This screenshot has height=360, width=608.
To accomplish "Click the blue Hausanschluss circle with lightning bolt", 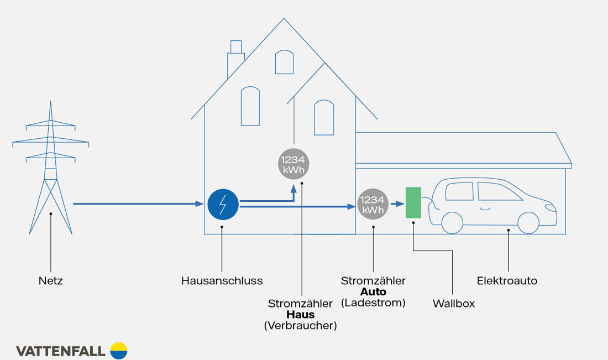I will click(223, 204).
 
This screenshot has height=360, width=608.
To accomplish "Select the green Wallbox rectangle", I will click(413, 202).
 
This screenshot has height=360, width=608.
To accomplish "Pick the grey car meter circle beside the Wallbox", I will click(373, 204).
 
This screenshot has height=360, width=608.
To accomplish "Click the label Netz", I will click(51, 281).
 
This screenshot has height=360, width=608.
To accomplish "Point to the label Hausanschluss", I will click(222, 281).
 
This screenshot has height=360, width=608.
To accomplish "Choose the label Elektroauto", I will click(507, 281).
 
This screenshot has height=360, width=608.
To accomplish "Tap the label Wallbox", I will click(453, 304).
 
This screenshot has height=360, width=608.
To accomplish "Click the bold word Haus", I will click(301, 315).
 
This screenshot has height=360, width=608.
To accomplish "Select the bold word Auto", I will click(373, 291).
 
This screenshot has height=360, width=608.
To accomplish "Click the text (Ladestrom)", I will click(373, 302).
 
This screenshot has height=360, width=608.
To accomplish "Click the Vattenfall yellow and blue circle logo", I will click(119, 351).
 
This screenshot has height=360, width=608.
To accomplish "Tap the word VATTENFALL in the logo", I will click(61, 351).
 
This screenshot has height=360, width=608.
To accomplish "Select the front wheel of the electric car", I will click(528, 222).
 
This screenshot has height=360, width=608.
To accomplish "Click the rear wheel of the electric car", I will click(452, 222).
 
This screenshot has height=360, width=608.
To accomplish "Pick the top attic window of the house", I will click(284, 62).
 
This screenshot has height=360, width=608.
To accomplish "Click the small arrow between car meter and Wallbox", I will click(397, 204).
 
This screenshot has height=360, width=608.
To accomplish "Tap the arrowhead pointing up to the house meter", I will click(293, 189).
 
